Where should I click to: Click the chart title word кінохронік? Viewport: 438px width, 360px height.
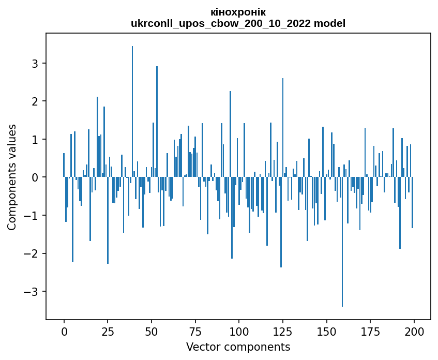pyautogui.click(x=238, y=12)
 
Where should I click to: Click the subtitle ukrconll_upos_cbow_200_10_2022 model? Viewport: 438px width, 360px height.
pyautogui.click(x=238, y=23)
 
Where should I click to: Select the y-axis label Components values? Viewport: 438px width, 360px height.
pyautogui.click(x=12, y=177)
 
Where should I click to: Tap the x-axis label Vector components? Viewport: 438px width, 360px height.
pyautogui.click(x=238, y=347)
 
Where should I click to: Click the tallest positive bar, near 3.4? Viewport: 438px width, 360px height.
pyautogui.click(x=132, y=111)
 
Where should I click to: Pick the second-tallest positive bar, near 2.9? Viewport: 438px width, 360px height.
pyautogui.click(x=157, y=122)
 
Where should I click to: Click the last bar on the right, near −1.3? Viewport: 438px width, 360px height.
pyautogui.click(x=412, y=203)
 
